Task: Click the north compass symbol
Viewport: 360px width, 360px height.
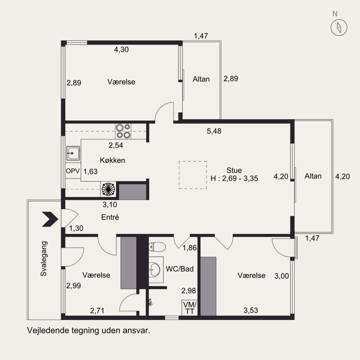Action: [339, 27]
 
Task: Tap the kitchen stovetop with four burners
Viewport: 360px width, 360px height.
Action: [123, 131]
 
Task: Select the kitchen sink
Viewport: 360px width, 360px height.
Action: [73, 153]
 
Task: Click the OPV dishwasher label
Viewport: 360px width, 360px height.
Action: [72, 171]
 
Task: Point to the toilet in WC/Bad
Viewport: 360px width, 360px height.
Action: [157, 247]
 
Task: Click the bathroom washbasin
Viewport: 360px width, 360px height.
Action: [154, 269]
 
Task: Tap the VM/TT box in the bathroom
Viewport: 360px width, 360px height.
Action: [189, 308]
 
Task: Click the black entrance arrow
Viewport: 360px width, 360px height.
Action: [50, 219]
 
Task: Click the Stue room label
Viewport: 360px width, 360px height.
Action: [234, 171]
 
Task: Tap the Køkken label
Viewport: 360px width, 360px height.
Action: [112, 160]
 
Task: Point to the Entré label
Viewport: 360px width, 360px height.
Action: [110, 217]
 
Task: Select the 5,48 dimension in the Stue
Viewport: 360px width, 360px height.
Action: [214, 131]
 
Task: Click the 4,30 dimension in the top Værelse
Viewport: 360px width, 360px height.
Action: [121, 49]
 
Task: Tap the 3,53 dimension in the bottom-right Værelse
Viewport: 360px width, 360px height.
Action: [251, 310]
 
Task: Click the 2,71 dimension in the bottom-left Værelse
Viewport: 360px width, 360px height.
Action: [97, 311]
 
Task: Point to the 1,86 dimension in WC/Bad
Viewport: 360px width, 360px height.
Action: [189, 248]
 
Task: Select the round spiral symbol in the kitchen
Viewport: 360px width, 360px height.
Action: [108, 189]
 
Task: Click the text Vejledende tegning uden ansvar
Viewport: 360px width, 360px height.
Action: [89, 331]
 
